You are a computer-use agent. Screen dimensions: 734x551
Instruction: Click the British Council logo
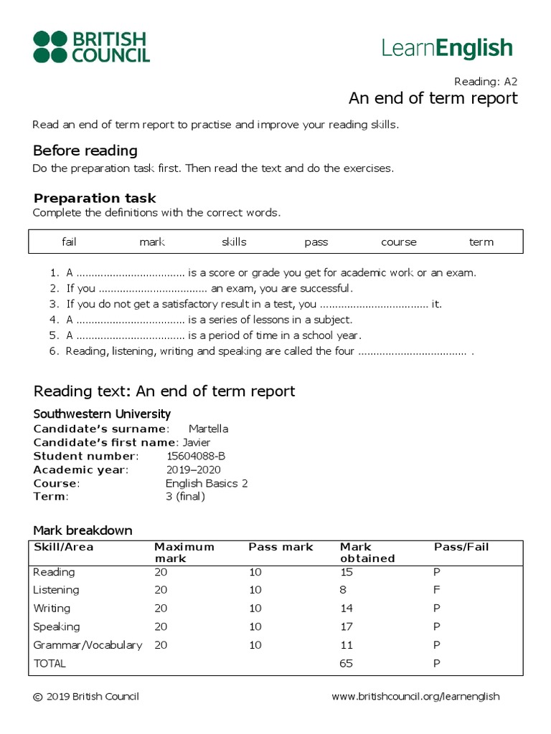91,47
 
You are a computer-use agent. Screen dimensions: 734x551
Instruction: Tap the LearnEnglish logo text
447,48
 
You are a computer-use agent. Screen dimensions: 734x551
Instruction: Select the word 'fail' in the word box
69,242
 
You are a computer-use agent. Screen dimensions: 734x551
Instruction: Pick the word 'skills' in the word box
234,242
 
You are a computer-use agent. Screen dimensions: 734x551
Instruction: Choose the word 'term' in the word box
481,242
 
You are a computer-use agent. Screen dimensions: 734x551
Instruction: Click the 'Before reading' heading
85,151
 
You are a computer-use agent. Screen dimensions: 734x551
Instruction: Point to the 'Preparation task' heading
95,198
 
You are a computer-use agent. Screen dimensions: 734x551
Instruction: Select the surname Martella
208,429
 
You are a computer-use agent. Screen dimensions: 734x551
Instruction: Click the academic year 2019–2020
193,470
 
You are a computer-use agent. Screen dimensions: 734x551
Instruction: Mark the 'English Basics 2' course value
207,483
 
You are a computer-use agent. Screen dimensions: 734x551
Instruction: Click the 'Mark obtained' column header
367,553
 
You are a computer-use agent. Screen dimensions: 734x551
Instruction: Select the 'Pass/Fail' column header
461,547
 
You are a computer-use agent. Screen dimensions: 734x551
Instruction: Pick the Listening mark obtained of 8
343,590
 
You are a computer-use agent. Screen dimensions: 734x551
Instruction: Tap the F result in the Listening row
437,590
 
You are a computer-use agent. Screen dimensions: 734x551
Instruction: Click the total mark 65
346,664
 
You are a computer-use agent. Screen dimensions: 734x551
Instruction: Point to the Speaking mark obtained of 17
346,626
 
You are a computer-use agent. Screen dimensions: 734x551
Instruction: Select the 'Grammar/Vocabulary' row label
88,645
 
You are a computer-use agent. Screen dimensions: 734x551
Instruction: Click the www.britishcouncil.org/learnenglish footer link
415,697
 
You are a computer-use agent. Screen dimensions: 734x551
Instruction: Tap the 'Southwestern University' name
102,414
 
